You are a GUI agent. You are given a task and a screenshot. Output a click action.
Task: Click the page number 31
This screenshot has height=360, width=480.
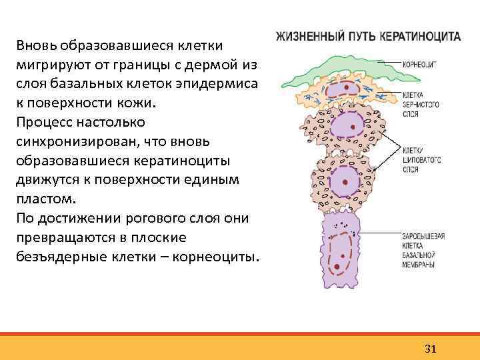(430, 349)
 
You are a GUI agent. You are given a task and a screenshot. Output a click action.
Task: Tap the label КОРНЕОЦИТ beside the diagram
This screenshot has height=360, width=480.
(419, 65)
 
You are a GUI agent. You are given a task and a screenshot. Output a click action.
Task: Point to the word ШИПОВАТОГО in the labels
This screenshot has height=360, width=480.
(421, 160)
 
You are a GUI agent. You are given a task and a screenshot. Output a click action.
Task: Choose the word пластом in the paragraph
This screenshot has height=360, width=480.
(39, 199)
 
